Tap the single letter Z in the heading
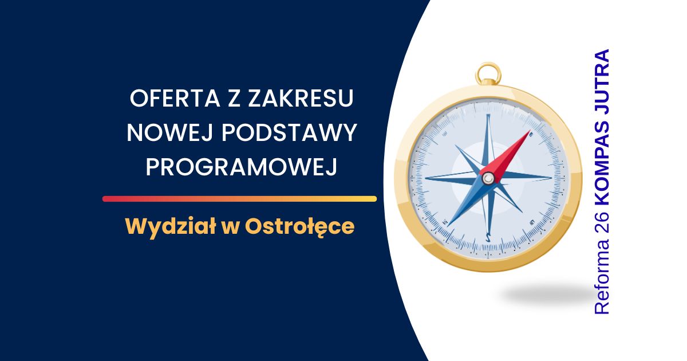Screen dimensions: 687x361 [x=234, y=98]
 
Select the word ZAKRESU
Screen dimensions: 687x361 [x=301, y=98]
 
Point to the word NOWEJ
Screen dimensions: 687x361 [x=170, y=132]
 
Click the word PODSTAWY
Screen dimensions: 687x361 [x=289, y=132]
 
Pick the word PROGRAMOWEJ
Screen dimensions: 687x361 [x=242, y=167]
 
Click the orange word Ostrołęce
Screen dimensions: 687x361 [x=299, y=226]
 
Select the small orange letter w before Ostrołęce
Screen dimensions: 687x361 [x=231, y=229]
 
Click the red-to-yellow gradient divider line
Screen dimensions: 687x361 [x=239, y=199]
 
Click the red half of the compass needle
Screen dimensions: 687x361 [x=507, y=156]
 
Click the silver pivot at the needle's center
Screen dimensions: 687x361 [x=488, y=178]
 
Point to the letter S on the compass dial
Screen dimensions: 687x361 [x=488, y=237]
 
